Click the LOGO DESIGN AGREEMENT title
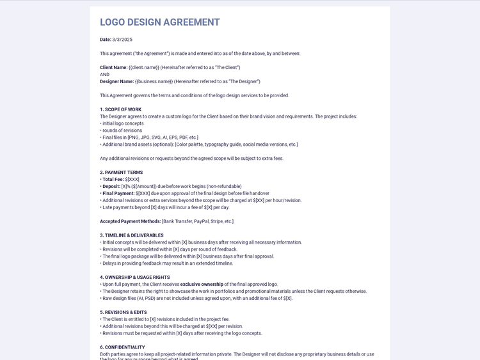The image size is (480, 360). coord(159,22)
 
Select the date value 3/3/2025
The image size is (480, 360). coord(122,40)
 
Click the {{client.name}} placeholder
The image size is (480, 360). coord(144,68)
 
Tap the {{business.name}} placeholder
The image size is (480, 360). coord(154,82)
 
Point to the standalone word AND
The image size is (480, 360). coord(104,75)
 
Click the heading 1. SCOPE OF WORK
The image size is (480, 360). coord(120,109)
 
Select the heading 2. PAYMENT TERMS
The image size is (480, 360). coord(121,173)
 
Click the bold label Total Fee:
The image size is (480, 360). coord(113,180)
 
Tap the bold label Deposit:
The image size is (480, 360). coord(111,187)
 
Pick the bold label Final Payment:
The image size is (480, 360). coord(118,194)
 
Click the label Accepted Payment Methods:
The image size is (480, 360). coord(131,222)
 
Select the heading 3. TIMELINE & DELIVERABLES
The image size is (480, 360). coord(131,235)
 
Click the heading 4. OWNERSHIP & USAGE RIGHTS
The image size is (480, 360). coord(134,278)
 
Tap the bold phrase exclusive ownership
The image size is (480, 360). coord(202,285)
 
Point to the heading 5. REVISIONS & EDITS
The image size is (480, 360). coord(123,313)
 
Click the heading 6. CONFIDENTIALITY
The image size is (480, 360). coord(122,347)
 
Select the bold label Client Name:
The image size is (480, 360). coord(113,68)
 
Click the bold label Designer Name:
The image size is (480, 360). coord(116,82)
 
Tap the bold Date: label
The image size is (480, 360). coord(106,40)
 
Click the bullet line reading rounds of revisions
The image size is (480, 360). coord(122,130)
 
